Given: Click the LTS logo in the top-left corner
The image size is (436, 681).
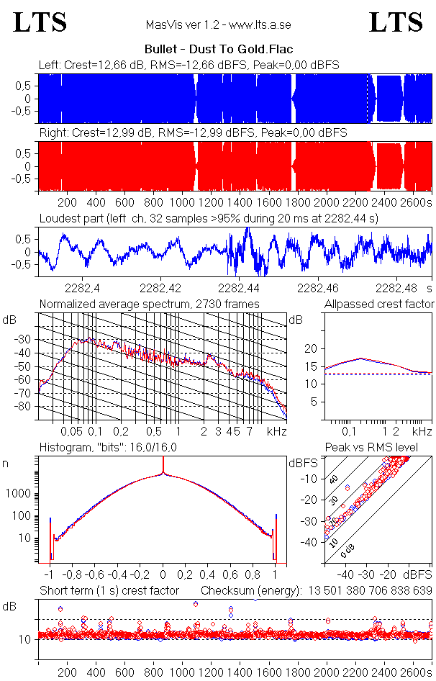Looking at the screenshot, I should tap(40, 22).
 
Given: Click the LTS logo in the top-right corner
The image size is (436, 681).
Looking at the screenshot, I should tap(396, 22).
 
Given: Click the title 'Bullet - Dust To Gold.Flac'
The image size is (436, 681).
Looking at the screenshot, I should tap(219, 50).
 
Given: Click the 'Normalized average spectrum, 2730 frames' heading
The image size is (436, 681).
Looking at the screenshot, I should tap(149, 304).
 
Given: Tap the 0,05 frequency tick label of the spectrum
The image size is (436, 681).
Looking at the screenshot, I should tap(71, 432).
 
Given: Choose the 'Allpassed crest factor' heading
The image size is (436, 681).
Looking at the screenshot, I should tap(379, 304).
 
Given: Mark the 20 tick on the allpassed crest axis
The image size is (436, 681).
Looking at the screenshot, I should tap(312, 348).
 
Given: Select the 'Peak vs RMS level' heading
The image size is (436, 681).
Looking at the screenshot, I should tap(381, 448).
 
